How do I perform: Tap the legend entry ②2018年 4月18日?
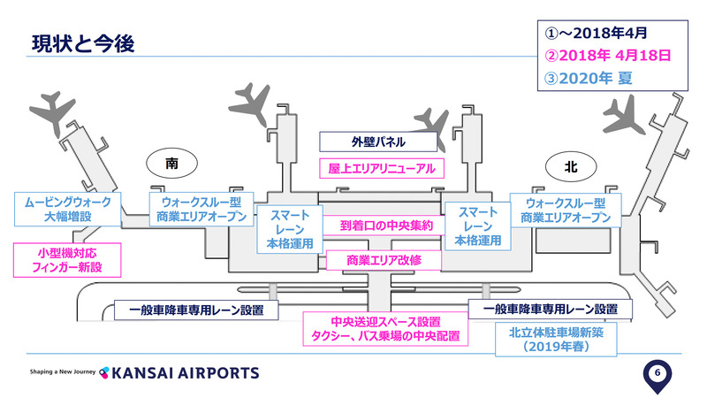tap(606, 55)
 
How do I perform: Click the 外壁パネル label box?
tap(380, 141)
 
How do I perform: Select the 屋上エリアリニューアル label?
tap(380, 166)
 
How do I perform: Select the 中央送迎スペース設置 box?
tap(385, 329)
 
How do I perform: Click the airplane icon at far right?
tap(628, 114)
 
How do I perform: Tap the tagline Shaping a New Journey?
tap(63, 372)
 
